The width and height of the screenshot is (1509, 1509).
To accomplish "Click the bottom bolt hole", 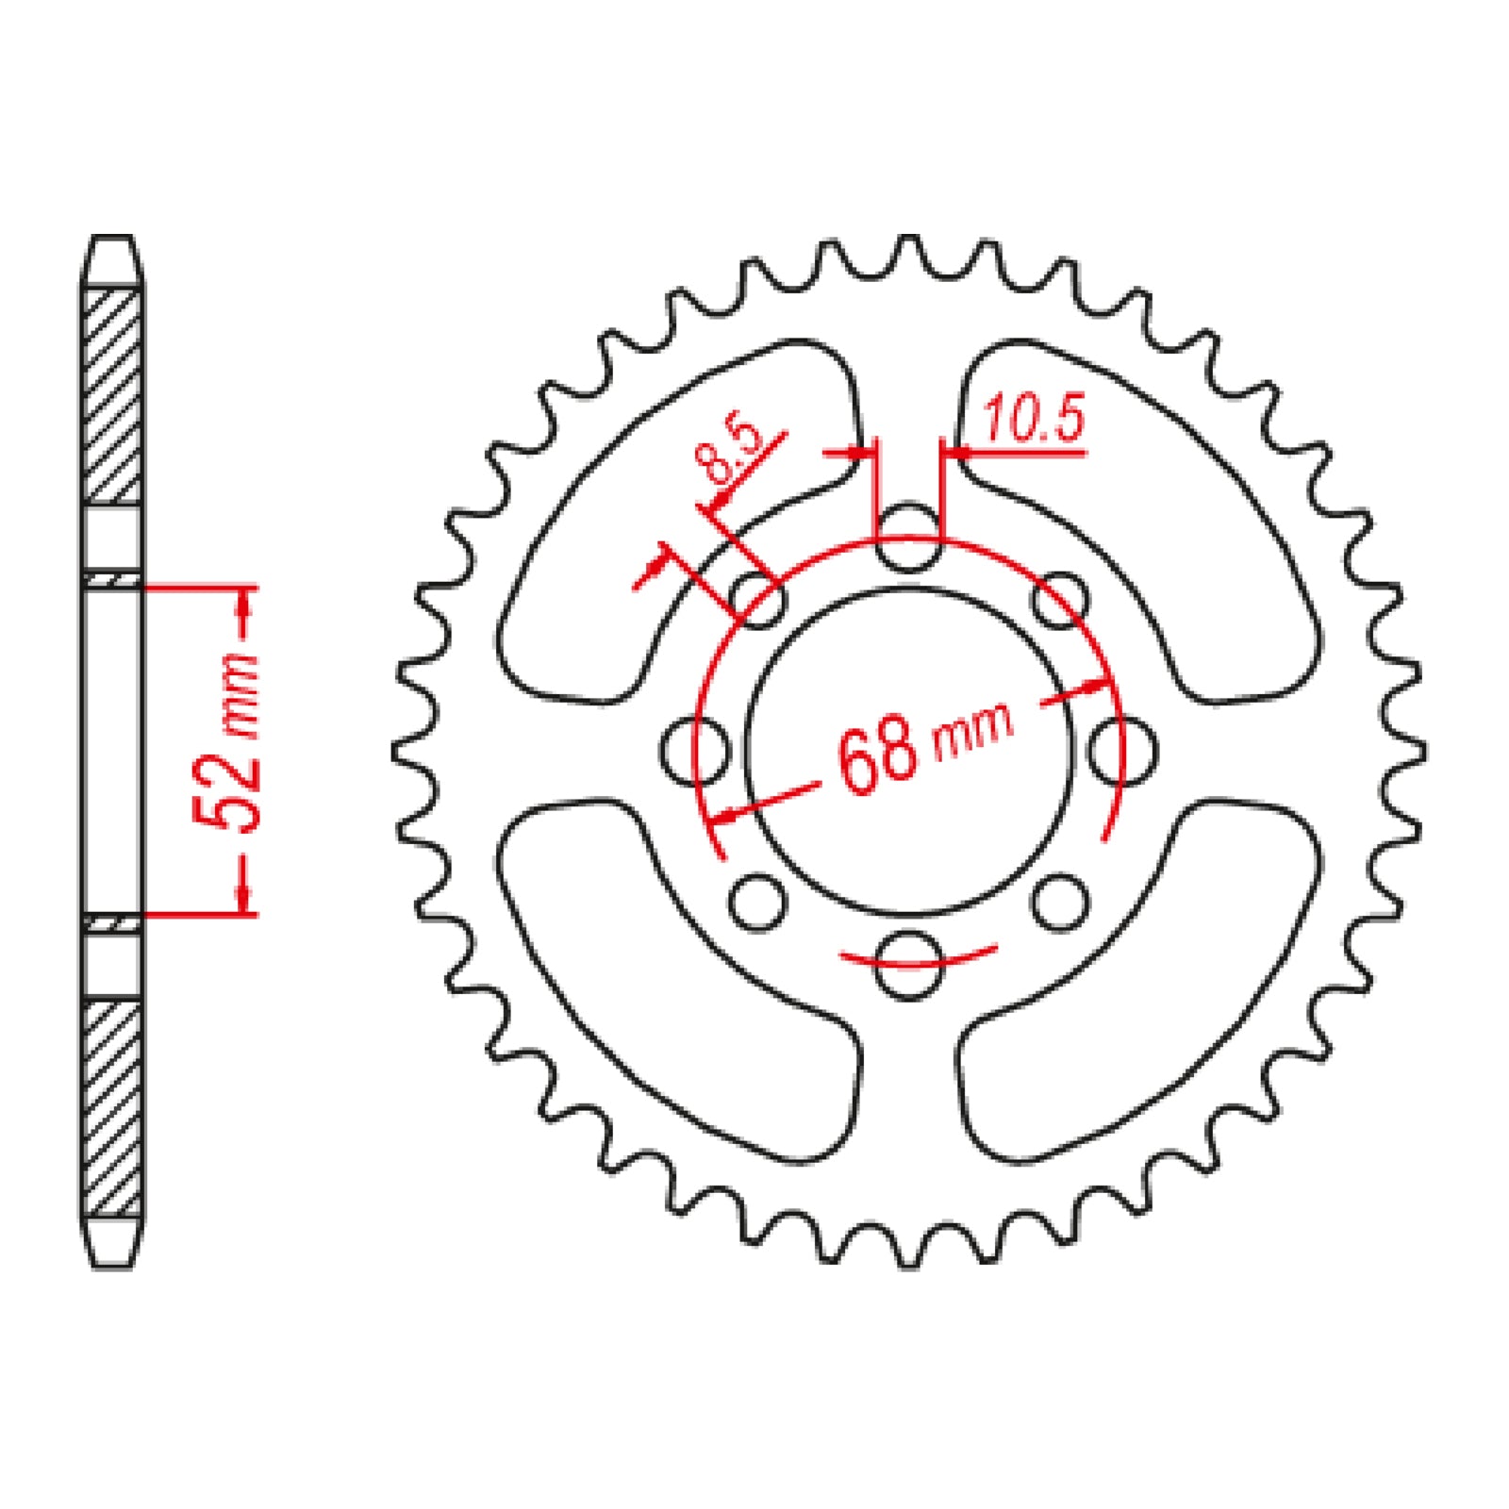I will (908, 964).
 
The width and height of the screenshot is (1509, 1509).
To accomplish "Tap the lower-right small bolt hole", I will (1059, 903).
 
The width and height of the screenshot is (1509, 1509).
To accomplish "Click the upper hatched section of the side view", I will (113, 396).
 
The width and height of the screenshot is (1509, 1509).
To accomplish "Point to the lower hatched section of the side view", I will (113, 1108).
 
